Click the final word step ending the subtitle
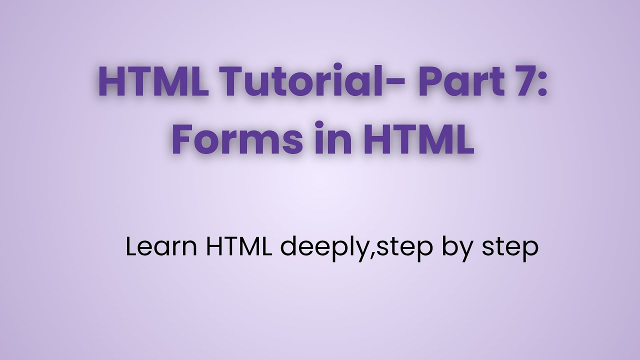point(509,248)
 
